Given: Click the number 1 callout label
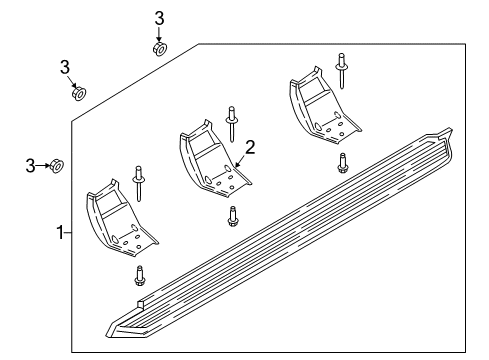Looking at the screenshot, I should pos(60,232).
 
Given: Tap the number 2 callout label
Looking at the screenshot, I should pos(250,147).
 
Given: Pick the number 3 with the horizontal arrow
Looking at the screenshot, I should pos(29,164).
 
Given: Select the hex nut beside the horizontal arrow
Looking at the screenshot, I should pos(58,165).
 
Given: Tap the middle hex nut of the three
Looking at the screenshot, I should pos(79,94).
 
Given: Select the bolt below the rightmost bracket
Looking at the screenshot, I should pos(343,161).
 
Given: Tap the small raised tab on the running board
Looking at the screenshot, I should pos(139,302).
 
